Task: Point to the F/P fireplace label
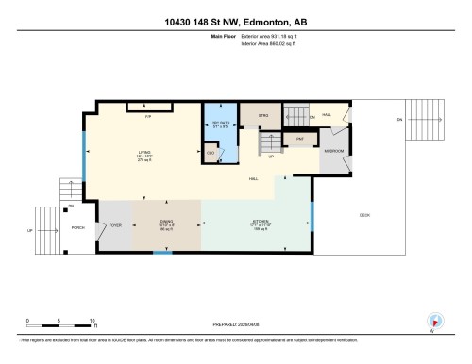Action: [x=147, y=117]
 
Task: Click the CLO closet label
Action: [x=211, y=151]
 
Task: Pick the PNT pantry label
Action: [x=299, y=138]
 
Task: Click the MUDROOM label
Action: [x=335, y=151]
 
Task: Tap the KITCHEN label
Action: [x=261, y=223]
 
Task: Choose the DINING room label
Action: [x=168, y=223]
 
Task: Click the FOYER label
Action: [x=116, y=226]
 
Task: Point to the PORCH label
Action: [x=80, y=227]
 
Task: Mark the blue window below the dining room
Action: [x=163, y=253]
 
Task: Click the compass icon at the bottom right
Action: [x=435, y=321]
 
